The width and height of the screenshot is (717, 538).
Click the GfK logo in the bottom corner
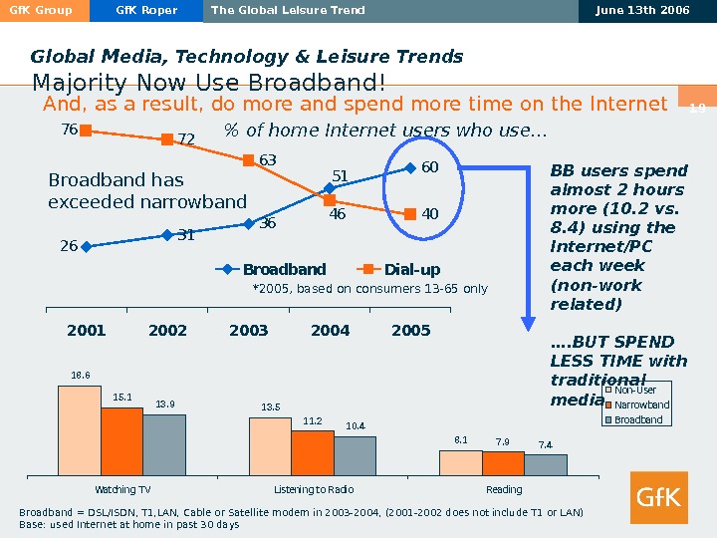click(658, 497)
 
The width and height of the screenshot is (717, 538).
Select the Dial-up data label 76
click(69, 129)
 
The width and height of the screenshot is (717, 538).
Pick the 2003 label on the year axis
click(249, 330)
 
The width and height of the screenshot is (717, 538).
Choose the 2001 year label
click(87, 330)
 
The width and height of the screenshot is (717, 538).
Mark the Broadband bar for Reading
click(546, 464)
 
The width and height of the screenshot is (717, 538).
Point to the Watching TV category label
click(122, 489)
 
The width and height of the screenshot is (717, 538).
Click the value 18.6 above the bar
click(80, 376)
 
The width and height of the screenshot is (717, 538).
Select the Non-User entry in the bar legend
click(634, 391)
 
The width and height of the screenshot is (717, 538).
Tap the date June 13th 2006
click(647, 11)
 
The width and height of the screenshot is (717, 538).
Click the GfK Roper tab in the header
click(146, 11)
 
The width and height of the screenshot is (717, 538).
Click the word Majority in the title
click(74, 81)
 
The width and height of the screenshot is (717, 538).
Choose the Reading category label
click(504, 489)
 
